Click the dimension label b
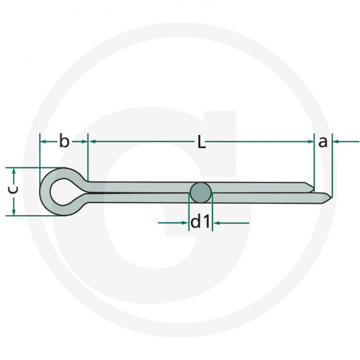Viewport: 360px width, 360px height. [x=64, y=140]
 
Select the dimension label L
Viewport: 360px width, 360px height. [x=202, y=142]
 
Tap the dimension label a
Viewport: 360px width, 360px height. [x=322, y=141]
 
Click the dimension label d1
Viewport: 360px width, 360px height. [x=201, y=222]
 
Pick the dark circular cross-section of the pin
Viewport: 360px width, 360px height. [x=201, y=193]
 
